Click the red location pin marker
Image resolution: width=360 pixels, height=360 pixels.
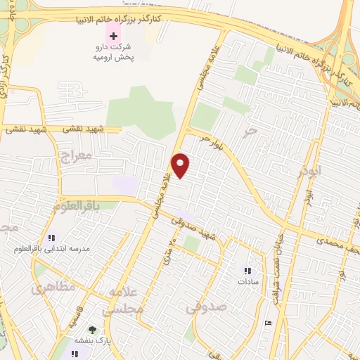(x=181, y=165)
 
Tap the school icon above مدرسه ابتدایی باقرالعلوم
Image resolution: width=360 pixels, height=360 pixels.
(x=51, y=238)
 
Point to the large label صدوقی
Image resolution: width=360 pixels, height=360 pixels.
(x=207, y=307)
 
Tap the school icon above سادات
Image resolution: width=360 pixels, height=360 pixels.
(x=247, y=270)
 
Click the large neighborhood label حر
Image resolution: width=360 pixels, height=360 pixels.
(x=247, y=131)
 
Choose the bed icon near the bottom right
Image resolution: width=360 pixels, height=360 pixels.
(x=268, y=323)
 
